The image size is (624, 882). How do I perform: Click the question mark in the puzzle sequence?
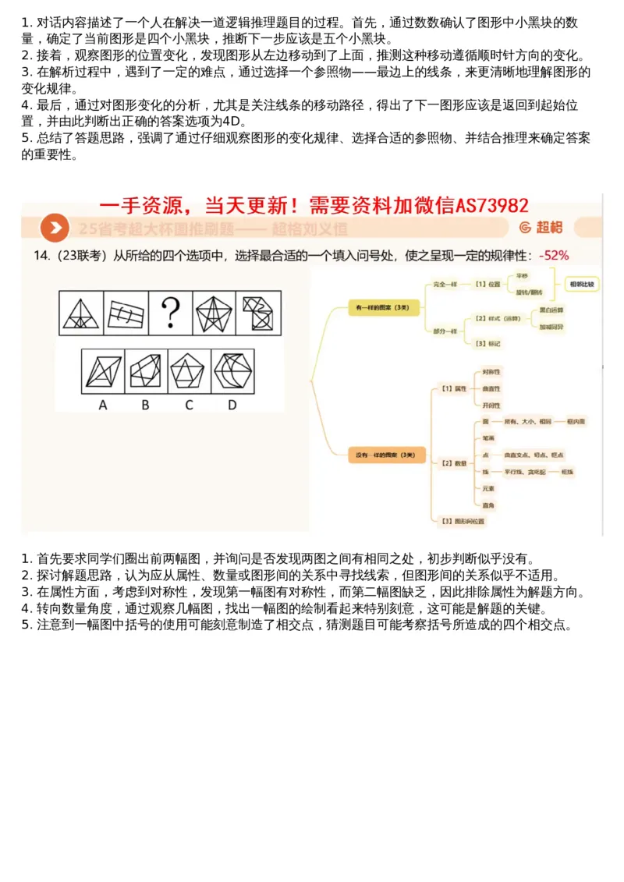tap(169, 313)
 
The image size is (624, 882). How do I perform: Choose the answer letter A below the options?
tap(103, 405)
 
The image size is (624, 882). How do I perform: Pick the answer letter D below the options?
tap(232, 405)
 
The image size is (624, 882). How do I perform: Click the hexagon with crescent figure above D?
tap(232, 371)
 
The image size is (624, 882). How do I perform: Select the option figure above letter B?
tap(145, 371)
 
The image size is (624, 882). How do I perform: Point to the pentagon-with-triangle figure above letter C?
tap(188, 371)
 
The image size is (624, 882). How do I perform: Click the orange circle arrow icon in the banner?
tap(55, 228)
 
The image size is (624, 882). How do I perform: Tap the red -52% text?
tap(554, 255)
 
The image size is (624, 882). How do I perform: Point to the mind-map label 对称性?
tap(491, 372)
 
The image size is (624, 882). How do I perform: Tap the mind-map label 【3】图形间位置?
tap(461, 519)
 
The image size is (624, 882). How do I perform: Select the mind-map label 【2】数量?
tap(453, 462)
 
